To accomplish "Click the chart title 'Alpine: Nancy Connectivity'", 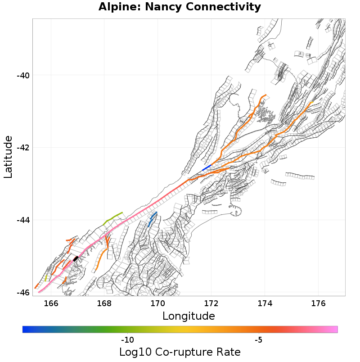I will pyautogui.click(x=180, y=7).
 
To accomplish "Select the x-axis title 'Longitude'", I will pyautogui.click(x=189, y=316).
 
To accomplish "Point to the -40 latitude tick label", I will pyautogui.click(x=23, y=75).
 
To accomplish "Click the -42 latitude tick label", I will pyautogui.click(x=23, y=148).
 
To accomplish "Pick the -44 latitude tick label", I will pyautogui.click(x=23, y=220).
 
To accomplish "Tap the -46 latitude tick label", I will pyautogui.click(x=23, y=293).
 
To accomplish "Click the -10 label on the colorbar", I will pyautogui.click(x=127, y=339).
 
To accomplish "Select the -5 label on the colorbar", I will pyautogui.click(x=259, y=339).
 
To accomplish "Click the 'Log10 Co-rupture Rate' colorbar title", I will pyautogui.click(x=180, y=352).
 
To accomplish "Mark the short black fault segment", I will pyautogui.click(x=76, y=258).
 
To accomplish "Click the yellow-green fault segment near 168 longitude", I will pyautogui.click(x=113, y=217).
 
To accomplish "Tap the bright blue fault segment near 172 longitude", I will pyautogui.click(x=207, y=168).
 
